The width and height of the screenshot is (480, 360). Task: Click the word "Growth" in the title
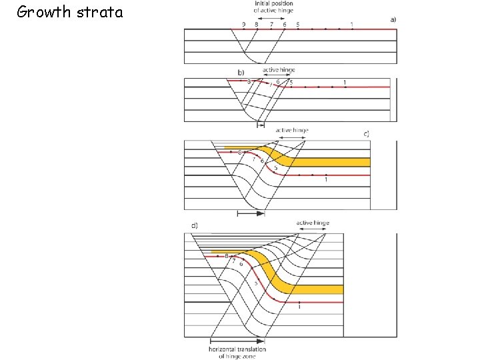(x=43, y=12)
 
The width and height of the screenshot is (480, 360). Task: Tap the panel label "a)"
(x=393, y=19)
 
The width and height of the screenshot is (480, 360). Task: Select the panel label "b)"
(x=241, y=71)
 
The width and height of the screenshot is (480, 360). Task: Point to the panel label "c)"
(x=367, y=133)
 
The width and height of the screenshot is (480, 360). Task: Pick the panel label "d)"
(x=195, y=225)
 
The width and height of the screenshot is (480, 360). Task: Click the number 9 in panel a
(x=243, y=25)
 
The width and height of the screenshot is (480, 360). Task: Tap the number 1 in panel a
(x=352, y=25)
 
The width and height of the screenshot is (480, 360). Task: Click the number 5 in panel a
(x=297, y=25)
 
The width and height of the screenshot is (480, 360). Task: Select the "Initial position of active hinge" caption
(x=274, y=7)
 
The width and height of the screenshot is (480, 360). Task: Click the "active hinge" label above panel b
(x=279, y=69)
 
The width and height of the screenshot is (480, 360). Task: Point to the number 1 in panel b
(x=345, y=82)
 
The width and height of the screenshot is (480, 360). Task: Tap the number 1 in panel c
(x=325, y=180)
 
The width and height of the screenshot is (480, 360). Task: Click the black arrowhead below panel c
(x=260, y=213)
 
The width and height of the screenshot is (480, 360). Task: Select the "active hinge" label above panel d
(x=313, y=223)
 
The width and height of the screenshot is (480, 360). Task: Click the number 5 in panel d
(x=256, y=283)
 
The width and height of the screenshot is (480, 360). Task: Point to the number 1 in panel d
(x=299, y=307)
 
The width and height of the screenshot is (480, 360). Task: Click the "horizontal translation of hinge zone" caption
(x=237, y=353)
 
